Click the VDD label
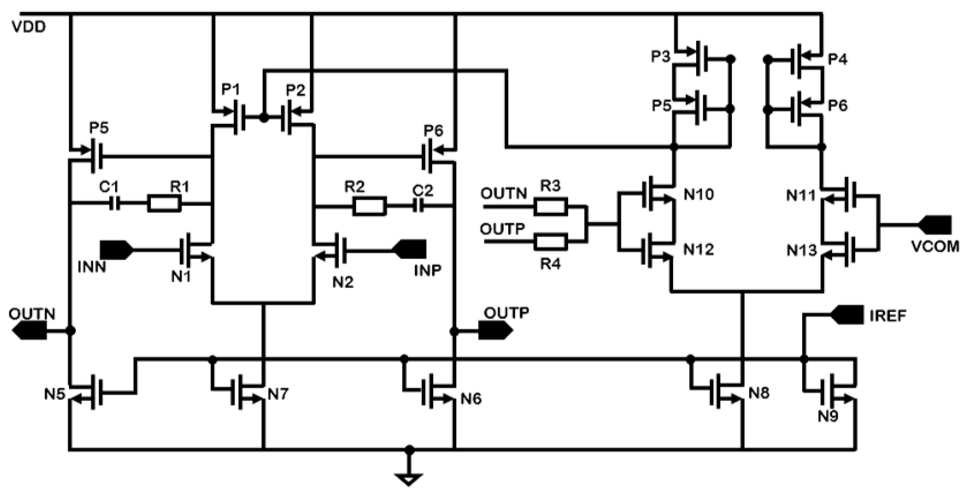click(29, 27)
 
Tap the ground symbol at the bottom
click(409, 479)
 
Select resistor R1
click(164, 204)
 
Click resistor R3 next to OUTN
click(550, 207)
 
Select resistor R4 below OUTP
click(550, 242)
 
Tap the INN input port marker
click(116, 250)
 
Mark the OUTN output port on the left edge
click(30, 331)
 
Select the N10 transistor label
click(699, 195)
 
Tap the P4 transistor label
click(837, 60)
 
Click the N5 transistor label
click(55, 394)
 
